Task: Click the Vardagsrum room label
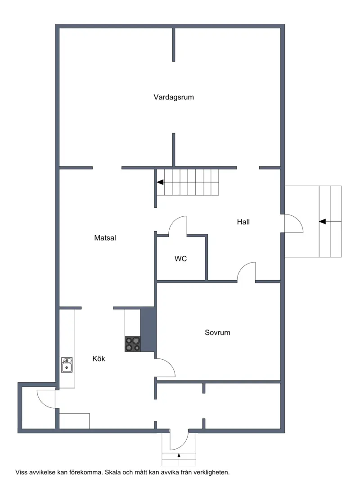tap(174, 97)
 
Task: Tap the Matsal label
tap(105, 238)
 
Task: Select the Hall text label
tap(243, 222)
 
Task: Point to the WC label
tap(180, 259)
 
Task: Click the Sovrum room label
tap(217, 333)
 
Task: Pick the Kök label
tap(99, 358)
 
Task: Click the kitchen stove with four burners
tap(133, 344)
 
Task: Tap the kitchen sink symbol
tap(67, 365)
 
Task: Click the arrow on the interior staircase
tap(160, 182)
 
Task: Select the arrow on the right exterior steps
tap(323, 221)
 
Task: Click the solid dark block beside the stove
tap(148, 329)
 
